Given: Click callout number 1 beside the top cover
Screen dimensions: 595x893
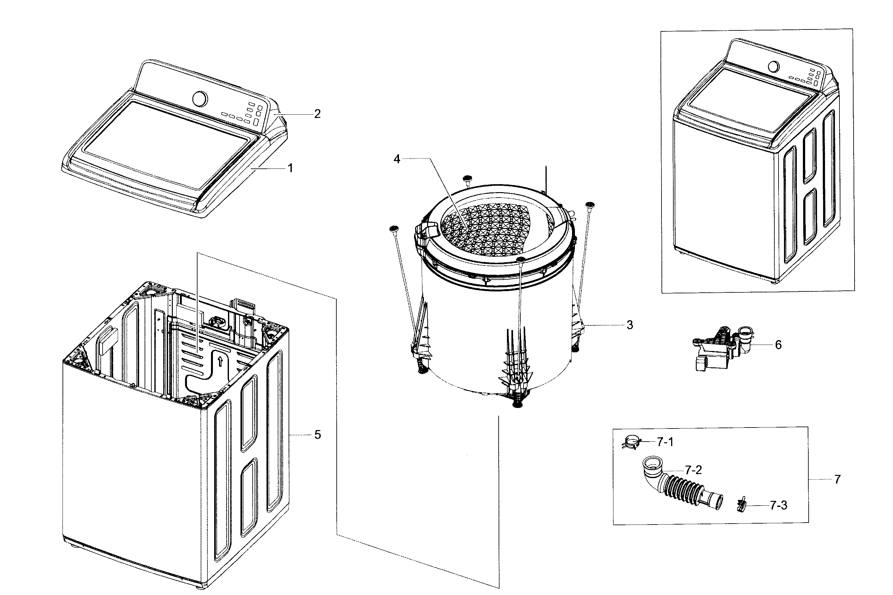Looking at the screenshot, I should [290, 168].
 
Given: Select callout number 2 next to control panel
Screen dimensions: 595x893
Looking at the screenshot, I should [317, 114].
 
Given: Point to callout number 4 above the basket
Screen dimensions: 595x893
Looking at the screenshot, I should [397, 159].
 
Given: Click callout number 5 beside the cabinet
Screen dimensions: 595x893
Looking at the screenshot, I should [317, 435].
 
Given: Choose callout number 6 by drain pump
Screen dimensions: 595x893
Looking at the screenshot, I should [778, 345].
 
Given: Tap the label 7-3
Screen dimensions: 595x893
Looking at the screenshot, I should [778, 505].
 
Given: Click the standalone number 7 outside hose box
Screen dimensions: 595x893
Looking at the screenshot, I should [838, 480].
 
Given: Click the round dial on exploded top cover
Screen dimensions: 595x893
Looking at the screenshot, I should [200, 99].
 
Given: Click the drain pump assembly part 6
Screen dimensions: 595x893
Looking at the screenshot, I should [722, 349].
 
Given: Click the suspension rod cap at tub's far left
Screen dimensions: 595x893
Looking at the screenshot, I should [394, 228].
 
